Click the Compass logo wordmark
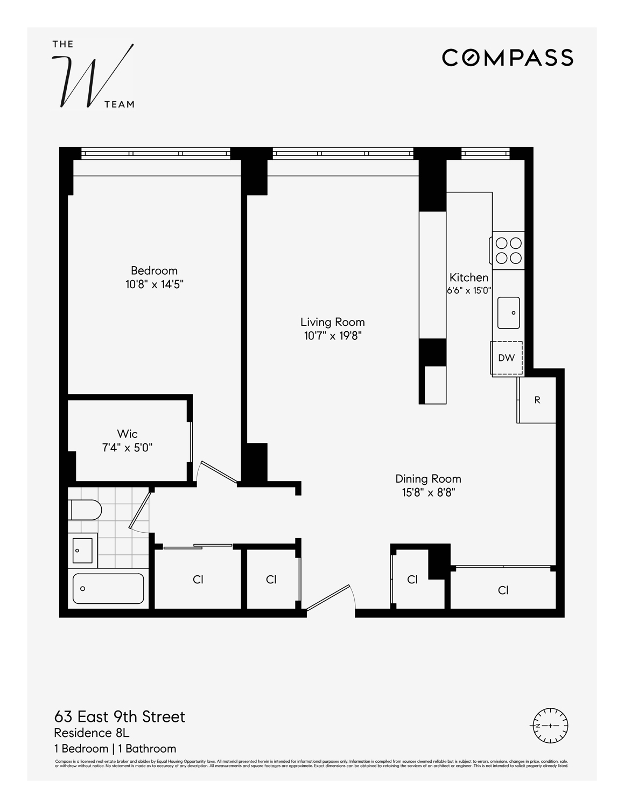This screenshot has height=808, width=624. click(x=507, y=58)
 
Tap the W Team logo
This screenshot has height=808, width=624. click(x=93, y=74)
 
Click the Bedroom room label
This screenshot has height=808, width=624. click(x=154, y=270)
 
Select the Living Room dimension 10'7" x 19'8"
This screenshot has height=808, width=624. click(x=332, y=336)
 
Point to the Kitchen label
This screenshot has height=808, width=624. click(x=469, y=277)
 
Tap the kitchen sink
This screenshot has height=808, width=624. click(x=508, y=312)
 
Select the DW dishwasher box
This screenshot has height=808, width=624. click(x=506, y=358)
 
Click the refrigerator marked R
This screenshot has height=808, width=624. click(x=536, y=400)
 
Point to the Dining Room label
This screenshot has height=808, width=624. click(x=428, y=478)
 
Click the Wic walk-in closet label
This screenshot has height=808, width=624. click(x=127, y=434)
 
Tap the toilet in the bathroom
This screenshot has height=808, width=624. click(x=85, y=510)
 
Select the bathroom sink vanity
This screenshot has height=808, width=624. click(x=83, y=550)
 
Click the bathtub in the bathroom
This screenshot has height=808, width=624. click(x=108, y=588)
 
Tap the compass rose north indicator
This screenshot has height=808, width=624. click(x=550, y=726)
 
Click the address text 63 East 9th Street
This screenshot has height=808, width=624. click(x=120, y=717)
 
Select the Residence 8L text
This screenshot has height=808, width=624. click(x=92, y=733)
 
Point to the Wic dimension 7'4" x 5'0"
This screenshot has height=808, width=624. click(x=127, y=448)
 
